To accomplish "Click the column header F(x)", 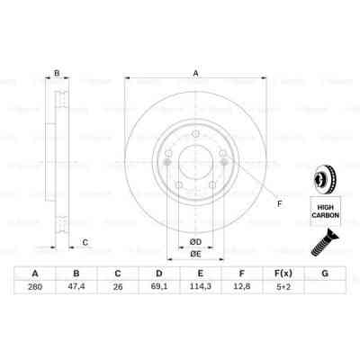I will click(x=283, y=274).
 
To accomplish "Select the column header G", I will click(x=325, y=274).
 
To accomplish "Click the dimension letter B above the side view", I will click(x=56, y=74).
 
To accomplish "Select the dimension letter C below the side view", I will click(x=85, y=241).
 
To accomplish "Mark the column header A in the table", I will click(x=35, y=274).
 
